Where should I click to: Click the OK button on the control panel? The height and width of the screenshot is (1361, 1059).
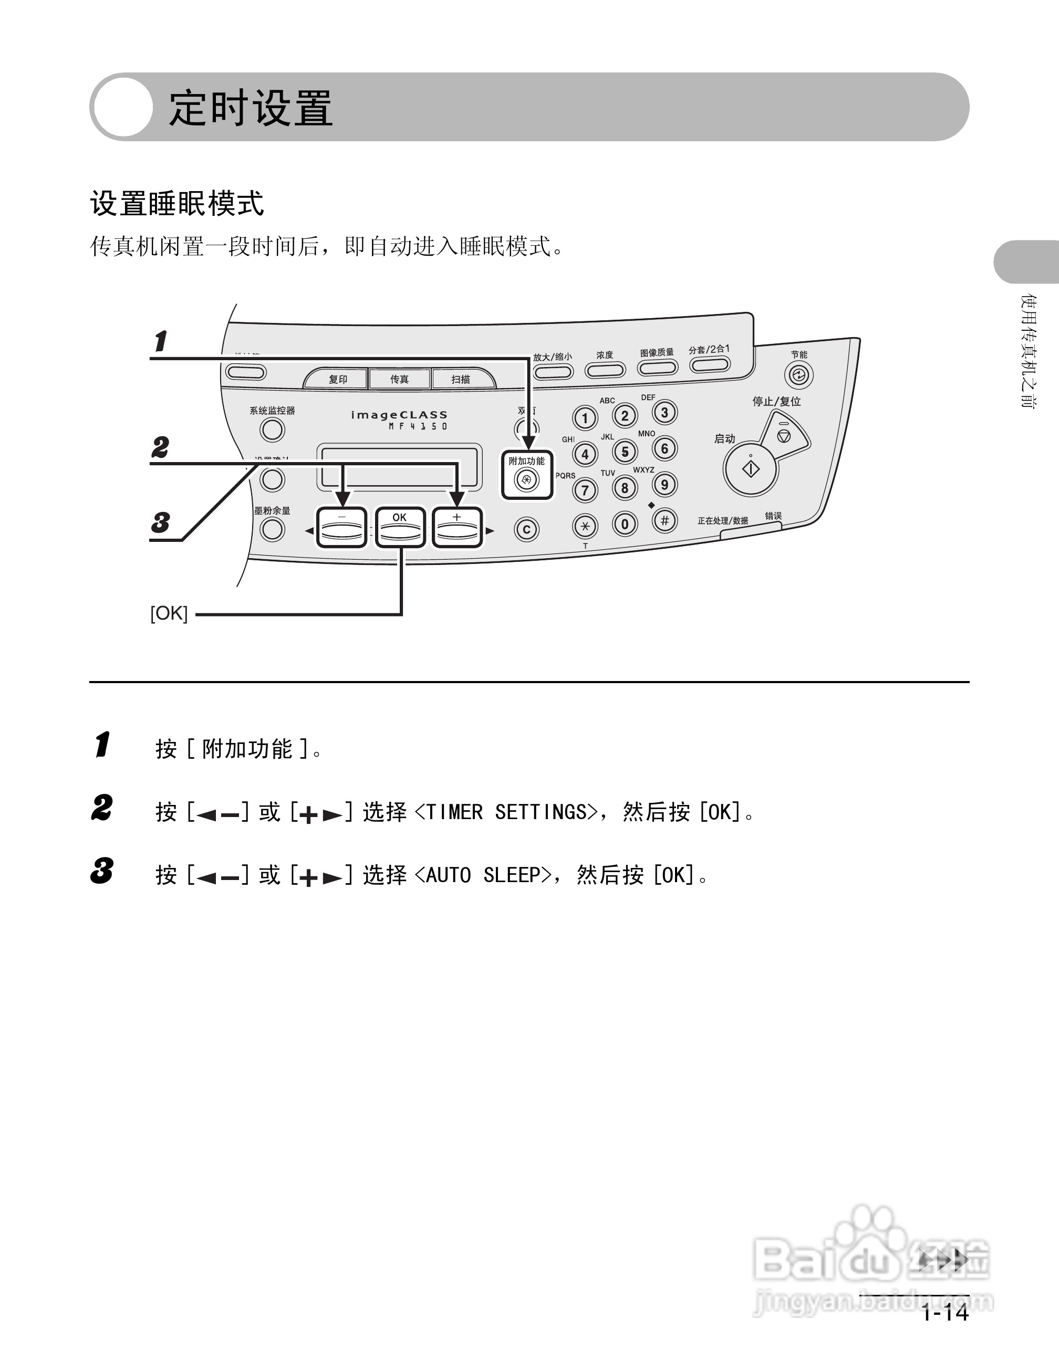(x=400, y=528)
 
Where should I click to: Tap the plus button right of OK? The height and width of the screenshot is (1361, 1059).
(x=458, y=528)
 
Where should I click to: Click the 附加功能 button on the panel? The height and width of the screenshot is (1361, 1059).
(x=527, y=478)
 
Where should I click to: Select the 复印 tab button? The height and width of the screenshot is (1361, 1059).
(x=337, y=379)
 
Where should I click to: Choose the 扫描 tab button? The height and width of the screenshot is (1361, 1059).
(x=461, y=379)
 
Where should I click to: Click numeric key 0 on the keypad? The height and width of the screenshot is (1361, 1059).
(x=625, y=524)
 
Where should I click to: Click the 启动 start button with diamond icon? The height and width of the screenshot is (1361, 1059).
(x=751, y=468)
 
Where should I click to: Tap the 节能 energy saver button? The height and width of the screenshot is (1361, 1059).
(x=798, y=375)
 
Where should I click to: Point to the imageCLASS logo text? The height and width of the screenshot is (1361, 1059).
(x=399, y=415)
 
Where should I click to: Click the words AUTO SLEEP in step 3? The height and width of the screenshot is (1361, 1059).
(x=483, y=875)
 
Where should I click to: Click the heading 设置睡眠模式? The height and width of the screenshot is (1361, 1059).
(x=177, y=204)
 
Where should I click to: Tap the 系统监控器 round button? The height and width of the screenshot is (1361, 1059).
(x=273, y=430)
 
